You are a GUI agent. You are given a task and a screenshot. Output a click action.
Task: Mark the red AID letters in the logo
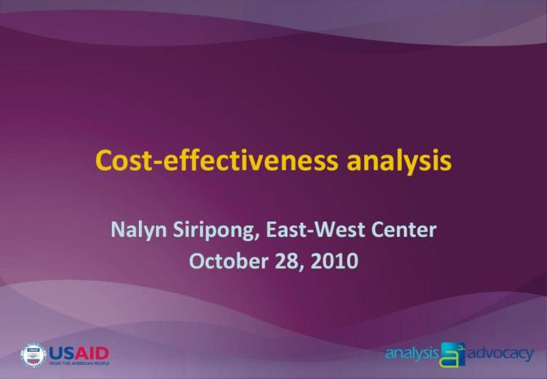coord(92,352)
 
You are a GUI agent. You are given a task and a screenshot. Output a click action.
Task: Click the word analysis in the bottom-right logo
coord(412,354)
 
